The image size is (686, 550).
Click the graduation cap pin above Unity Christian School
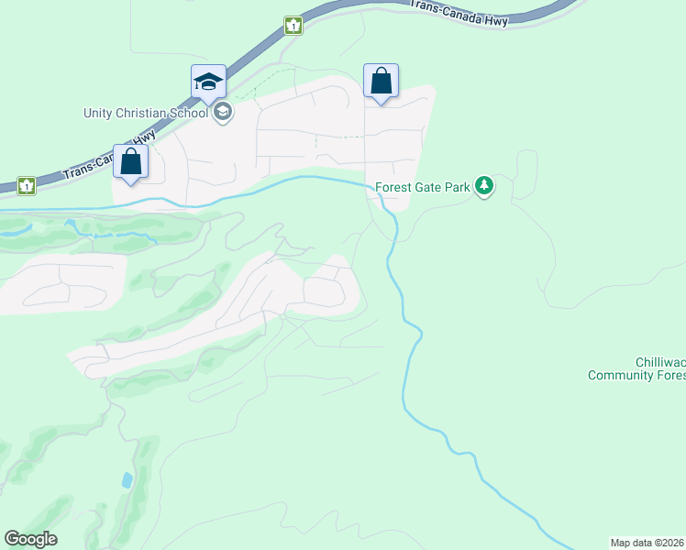pyautogui.click(x=208, y=82)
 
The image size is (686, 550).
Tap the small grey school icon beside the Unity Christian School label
pyautogui.click(x=221, y=113)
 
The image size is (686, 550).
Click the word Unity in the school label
pyautogui.click(x=97, y=113)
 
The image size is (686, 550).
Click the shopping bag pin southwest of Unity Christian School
pyautogui.click(x=131, y=161)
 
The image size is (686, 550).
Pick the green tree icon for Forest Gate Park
pyautogui.click(x=484, y=188)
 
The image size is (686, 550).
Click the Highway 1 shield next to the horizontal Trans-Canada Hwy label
pyautogui.click(x=293, y=26)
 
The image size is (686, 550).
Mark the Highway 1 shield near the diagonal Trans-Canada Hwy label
pyautogui.click(x=27, y=186)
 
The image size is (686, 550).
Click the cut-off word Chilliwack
pyautogui.click(x=659, y=363)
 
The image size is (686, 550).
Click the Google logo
pyautogui.click(x=30, y=539)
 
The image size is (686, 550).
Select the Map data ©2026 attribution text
pyautogui.click(x=647, y=542)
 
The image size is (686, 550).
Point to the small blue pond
pyautogui.click(x=126, y=479)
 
